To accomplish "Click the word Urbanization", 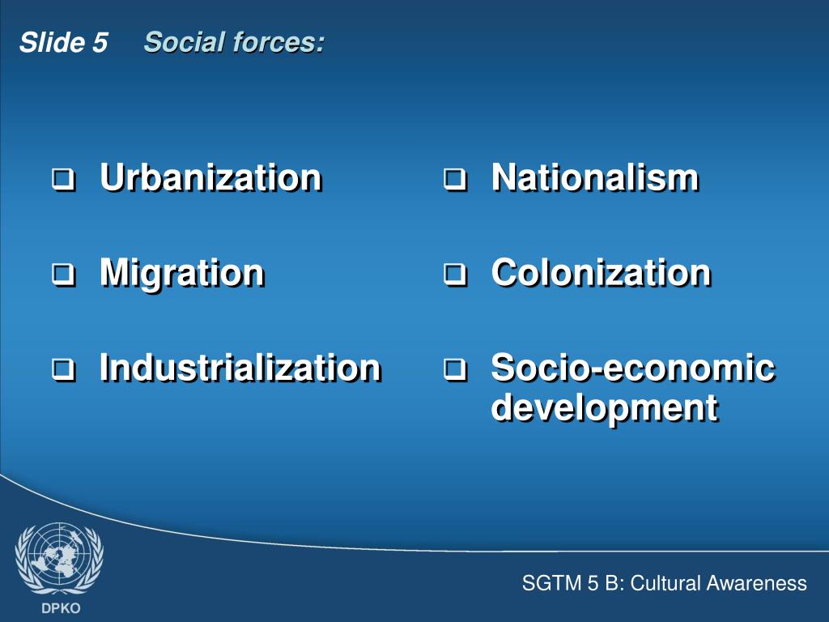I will coord(210,177).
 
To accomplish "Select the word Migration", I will coord(181,273).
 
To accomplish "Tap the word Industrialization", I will coord(240,368).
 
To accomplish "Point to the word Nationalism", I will coord(594,177).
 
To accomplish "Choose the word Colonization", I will coord(601,273).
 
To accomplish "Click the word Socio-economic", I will coord(632,368).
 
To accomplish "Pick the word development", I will coord(604,407).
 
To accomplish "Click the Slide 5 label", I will coord(63,43).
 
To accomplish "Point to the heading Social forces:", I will coord(234,42).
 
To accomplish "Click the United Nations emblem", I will coord(59,557).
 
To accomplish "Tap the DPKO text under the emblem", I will coord(59,607).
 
